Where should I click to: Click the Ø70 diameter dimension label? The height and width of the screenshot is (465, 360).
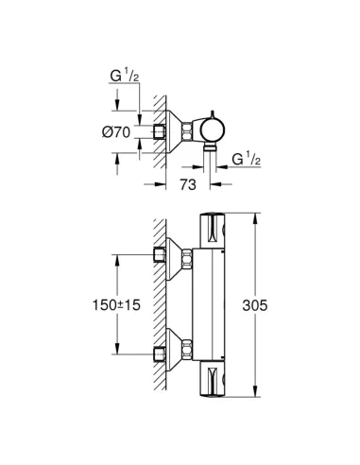click(x=116, y=132)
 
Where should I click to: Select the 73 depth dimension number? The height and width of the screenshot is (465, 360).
click(x=188, y=184)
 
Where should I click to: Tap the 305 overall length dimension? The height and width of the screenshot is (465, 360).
click(x=255, y=305)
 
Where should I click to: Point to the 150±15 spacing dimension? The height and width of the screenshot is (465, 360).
click(x=116, y=305)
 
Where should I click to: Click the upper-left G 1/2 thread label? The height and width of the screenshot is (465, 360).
click(x=125, y=76)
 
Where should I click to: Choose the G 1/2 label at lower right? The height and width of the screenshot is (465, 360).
click(x=247, y=159)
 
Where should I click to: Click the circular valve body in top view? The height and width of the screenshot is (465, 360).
click(x=214, y=130)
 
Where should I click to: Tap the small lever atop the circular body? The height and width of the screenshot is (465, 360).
click(x=213, y=114)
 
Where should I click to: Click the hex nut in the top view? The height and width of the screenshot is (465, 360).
click(x=187, y=130)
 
